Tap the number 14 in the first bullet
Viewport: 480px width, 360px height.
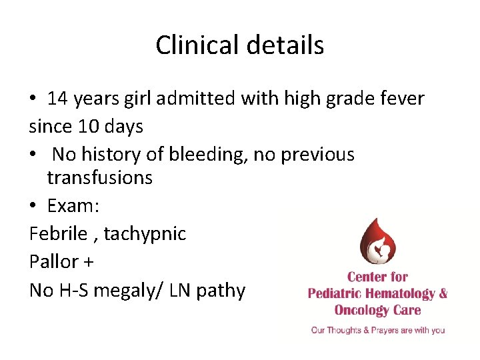click(57, 99)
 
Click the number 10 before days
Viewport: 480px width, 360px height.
click(85, 125)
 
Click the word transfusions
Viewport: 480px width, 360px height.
click(99, 177)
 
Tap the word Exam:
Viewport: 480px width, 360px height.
click(73, 206)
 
